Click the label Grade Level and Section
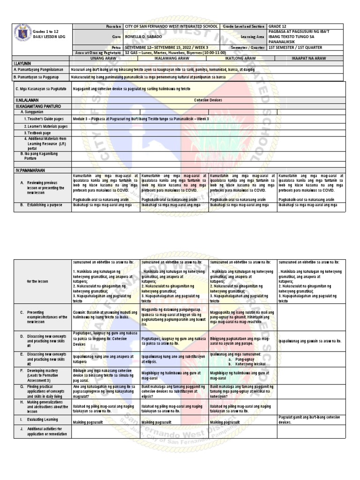[243, 26]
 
